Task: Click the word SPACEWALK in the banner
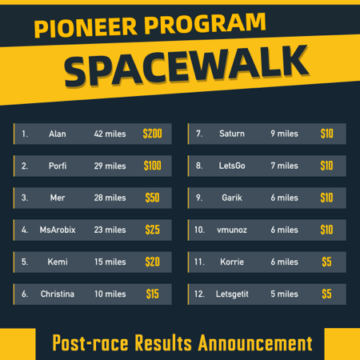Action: (x=186, y=66)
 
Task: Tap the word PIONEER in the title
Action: (x=86, y=27)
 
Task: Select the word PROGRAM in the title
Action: (x=205, y=23)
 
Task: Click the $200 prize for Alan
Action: (x=152, y=134)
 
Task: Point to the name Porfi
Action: (x=58, y=166)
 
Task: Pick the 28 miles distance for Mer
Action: (x=110, y=198)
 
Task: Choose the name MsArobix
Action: (x=58, y=230)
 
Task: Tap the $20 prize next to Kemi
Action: (x=153, y=262)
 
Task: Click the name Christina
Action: (x=58, y=294)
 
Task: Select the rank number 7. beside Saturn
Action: (x=199, y=134)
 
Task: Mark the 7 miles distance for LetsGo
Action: (x=284, y=166)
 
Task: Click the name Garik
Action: (x=232, y=198)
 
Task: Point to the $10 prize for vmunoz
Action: (x=326, y=230)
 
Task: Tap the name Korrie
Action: (x=232, y=262)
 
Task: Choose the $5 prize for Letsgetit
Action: (x=326, y=294)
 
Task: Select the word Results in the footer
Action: (x=163, y=343)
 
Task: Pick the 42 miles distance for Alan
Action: (x=110, y=134)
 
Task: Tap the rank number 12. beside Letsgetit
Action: (x=199, y=294)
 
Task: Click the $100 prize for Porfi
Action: (x=153, y=166)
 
